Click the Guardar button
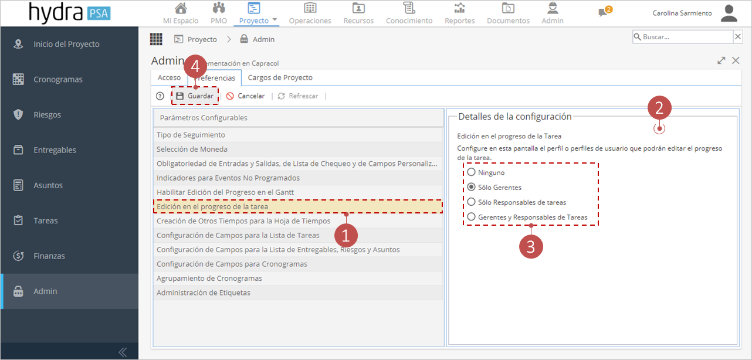[x=195, y=96]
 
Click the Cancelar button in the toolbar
[x=245, y=96]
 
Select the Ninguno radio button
[x=472, y=172]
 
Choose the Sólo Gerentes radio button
[x=472, y=187]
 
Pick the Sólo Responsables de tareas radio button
[x=472, y=202]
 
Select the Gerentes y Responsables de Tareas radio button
[x=472, y=217]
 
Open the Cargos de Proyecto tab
[x=280, y=77]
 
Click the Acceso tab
[x=169, y=77]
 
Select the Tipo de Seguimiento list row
[x=298, y=135]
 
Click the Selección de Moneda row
[x=298, y=150]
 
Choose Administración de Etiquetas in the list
[x=298, y=293]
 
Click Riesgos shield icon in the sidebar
[x=18, y=114]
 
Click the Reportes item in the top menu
[x=460, y=13]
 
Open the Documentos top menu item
[x=508, y=13]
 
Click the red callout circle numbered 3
[x=531, y=247]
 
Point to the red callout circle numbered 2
[x=659, y=108]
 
